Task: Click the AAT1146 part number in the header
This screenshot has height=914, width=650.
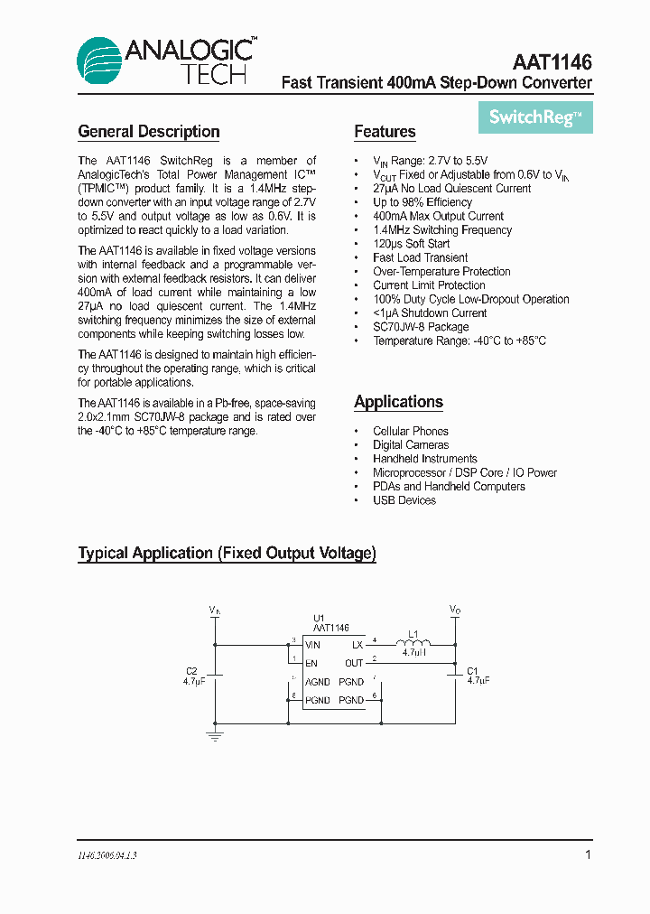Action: (x=552, y=62)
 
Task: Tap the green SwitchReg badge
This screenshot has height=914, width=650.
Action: (x=535, y=117)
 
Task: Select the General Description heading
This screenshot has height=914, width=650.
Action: (x=149, y=132)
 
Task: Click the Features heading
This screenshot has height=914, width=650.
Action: (x=385, y=132)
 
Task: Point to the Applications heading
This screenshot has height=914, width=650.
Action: (x=398, y=402)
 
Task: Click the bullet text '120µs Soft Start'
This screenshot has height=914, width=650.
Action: (x=411, y=244)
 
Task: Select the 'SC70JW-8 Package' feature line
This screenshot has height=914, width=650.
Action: (x=421, y=327)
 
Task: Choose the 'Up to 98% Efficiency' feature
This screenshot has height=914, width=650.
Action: (x=422, y=202)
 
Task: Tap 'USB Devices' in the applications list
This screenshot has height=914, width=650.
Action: (x=404, y=500)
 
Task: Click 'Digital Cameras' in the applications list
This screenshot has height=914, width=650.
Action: (x=411, y=445)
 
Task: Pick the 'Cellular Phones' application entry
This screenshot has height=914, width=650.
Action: (x=411, y=432)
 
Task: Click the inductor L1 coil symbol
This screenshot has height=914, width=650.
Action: (x=413, y=642)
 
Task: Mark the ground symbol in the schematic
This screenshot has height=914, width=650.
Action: (x=215, y=737)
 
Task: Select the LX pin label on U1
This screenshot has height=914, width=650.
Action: (x=357, y=645)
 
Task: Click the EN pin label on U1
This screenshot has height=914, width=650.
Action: (x=311, y=663)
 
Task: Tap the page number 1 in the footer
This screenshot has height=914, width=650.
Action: (x=588, y=854)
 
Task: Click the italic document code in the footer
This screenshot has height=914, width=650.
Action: (x=107, y=854)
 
